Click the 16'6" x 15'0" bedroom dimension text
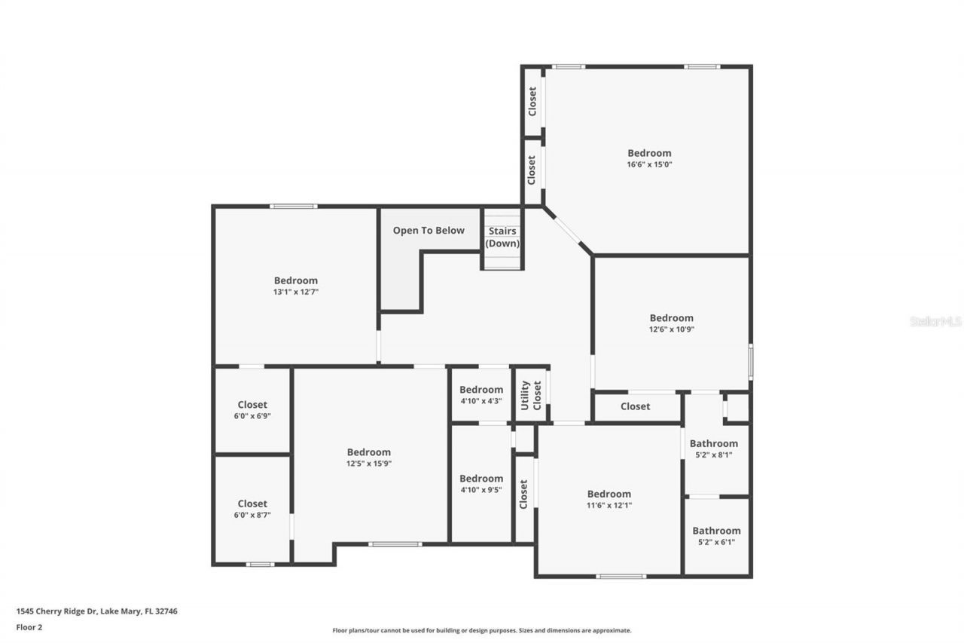pyautogui.click(x=649, y=164)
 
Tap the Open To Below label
pyautogui.click(x=429, y=231)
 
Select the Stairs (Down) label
pyautogui.click(x=502, y=237)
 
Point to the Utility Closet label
pyautogui.click(x=531, y=395)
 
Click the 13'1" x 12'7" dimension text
pyautogui.click(x=295, y=292)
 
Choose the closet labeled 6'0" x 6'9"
pyautogui.click(x=252, y=410)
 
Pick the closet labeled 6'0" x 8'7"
pyautogui.click(x=252, y=509)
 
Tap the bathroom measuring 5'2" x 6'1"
pyautogui.click(x=716, y=535)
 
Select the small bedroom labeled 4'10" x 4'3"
pyautogui.click(x=481, y=395)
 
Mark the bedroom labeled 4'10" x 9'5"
pyautogui.click(x=481, y=483)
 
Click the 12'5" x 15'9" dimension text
pyautogui.click(x=369, y=464)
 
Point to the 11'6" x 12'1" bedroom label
pyautogui.click(x=609, y=494)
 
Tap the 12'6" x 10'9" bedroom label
pyautogui.click(x=671, y=318)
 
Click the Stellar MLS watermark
pyautogui.click(x=935, y=321)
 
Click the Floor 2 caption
pyautogui.click(x=29, y=626)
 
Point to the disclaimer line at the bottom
pyautogui.click(x=482, y=630)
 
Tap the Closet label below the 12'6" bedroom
pyautogui.click(x=635, y=407)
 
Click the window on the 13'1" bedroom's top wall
pyautogui.click(x=294, y=207)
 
